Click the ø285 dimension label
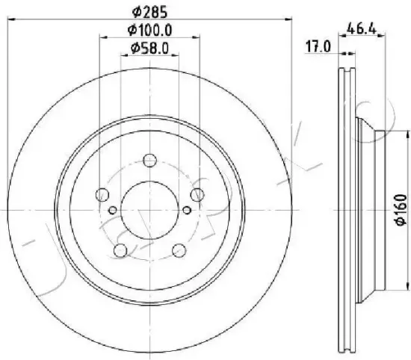point(149,12)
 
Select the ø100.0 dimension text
point(149,30)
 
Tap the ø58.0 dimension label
point(149,49)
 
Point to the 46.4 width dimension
point(361,28)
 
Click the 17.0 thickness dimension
point(318,47)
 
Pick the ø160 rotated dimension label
point(401,210)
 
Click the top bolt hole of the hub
point(150,161)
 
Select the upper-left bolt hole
point(102,195)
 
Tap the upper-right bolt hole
point(197,195)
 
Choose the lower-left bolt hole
point(120,250)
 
